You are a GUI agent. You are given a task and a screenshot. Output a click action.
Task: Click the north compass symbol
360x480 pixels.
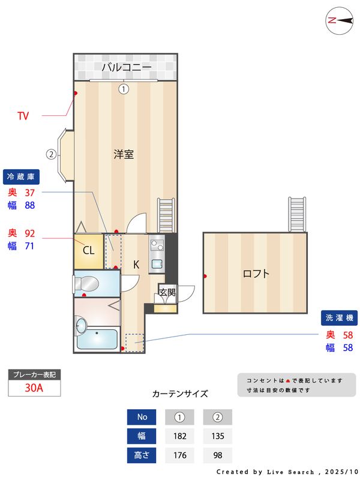tap(338, 20)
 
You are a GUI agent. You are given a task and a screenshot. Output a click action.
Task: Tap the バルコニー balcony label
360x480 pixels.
tap(125, 67)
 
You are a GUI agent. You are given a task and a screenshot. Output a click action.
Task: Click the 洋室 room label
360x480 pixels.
tap(124, 154)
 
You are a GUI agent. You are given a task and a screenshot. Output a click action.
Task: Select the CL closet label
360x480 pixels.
tap(88, 251)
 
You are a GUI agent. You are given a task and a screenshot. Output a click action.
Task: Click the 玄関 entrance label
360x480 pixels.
tap(167, 293)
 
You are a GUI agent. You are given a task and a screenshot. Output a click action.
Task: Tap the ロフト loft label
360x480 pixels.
tap(256, 274)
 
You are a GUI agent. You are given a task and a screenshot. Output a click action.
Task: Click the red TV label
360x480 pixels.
tap(23, 116)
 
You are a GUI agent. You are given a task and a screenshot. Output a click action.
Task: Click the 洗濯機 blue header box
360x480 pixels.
tap(340, 317)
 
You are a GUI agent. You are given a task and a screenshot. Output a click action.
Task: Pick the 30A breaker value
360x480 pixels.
tap(34, 388)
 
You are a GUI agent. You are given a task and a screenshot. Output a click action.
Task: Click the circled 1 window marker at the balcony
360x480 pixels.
tap(123, 89)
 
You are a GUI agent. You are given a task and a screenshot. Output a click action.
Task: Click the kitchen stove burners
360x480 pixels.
tap(157, 245)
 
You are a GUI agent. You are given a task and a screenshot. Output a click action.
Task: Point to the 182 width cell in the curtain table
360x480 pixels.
tap(179, 436)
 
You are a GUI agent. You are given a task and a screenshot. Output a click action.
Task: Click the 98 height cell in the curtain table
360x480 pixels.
tap(217, 455)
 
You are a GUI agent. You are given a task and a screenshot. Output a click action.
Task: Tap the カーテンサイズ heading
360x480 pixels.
tap(180, 394)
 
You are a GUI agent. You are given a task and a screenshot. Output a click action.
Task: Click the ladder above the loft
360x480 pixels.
tap(297, 214)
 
